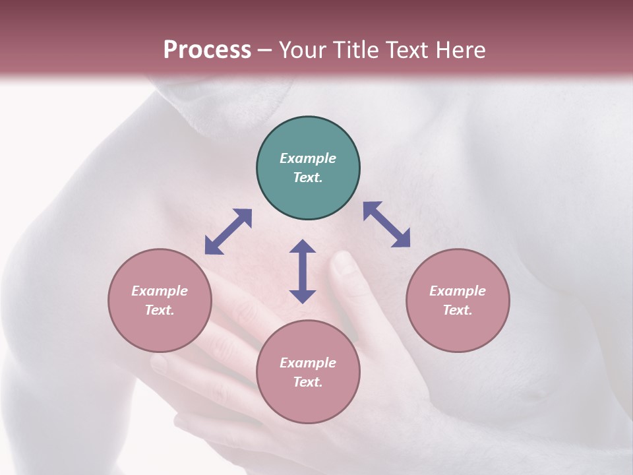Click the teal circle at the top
click(x=308, y=168)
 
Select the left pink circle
click(x=160, y=300)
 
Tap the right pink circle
click(x=458, y=300)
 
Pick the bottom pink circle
click(x=308, y=372)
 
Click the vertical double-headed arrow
click(x=303, y=271)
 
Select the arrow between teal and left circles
click(x=228, y=232)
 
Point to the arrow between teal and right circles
click(x=386, y=224)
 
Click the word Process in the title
click(x=207, y=49)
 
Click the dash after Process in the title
click(x=265, y=50)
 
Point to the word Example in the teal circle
click(x=308, y=158)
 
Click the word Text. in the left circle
click(x=160, y=310)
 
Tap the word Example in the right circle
click(x=458, y=291)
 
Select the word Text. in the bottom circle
click(x=308, y=382)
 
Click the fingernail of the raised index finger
click(x=343, y=263)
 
